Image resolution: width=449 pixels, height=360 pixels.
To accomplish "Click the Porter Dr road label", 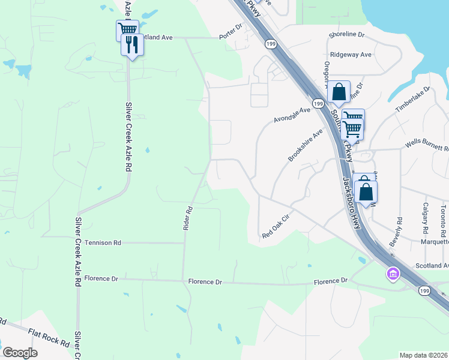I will click(231, 32).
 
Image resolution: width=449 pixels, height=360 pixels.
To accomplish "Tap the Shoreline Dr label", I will click(346, 35).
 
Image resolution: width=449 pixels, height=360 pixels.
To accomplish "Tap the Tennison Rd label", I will click(103, 242).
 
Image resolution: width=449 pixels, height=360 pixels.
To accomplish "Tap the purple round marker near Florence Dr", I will click(393, 274).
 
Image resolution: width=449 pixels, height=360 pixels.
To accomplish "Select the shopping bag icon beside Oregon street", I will click(339, 92).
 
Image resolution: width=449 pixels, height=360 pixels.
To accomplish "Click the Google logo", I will click(20, 353).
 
